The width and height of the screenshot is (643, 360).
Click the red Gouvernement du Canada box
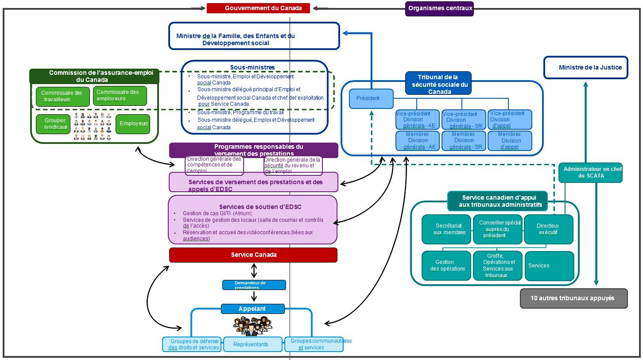(258, 8)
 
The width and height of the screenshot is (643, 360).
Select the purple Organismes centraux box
(439, 8)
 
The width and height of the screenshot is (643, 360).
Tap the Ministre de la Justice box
(585, 67)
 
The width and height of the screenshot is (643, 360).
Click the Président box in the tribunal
(371, 99)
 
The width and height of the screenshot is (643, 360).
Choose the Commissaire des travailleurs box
(62, 96)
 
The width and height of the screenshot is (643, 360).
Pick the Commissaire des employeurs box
(120, 96)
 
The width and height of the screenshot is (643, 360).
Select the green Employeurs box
(133, 124)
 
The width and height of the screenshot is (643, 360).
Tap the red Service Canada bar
(253, 255)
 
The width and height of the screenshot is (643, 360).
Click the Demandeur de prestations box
(254, 285)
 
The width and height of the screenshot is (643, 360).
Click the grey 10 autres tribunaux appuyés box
(573, 298)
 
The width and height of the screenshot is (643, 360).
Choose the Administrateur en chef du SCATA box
(590, 173)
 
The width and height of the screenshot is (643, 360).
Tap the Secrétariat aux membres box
(446, 229)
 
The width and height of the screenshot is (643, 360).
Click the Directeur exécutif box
(548, 229)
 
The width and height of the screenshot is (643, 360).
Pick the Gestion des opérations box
(446, 266)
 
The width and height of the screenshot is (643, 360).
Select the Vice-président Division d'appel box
(510, 120)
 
